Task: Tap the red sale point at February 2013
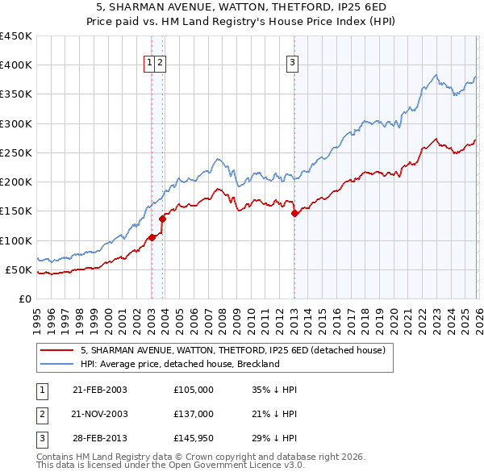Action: (294, 213)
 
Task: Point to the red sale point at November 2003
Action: (163, 218)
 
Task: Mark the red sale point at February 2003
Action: (152, 237)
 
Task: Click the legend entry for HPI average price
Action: (179, 364)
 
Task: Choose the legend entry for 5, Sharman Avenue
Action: (233, 350)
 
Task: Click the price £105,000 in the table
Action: (193, 390)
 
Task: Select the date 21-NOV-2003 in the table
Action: (99, 414)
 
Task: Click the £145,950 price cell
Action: (193, 438)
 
